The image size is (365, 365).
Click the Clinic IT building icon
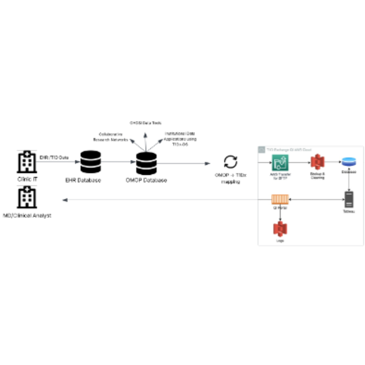[27, 162]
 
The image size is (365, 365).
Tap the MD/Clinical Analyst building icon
[27, 198]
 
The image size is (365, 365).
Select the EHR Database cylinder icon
[91, 162]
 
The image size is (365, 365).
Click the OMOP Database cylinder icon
[146, 163]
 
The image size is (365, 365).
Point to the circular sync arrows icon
[231, 162]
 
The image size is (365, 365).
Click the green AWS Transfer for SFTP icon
[280, 163]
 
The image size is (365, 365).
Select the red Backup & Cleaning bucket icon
[317, 162]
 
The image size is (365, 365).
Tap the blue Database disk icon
[349, 162]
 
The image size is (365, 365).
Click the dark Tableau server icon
[349, 199]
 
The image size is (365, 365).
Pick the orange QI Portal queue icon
[280, 199]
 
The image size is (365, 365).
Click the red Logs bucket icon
[280, 229]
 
